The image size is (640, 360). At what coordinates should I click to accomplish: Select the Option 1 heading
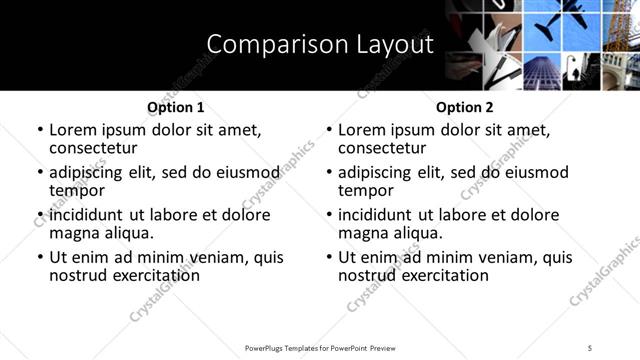tap(175, 107)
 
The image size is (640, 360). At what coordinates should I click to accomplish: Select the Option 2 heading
tap(464, 107)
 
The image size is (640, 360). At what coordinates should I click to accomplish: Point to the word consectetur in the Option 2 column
tap(386, 148)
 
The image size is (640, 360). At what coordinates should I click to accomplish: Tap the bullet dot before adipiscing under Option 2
tap(328, 173)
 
